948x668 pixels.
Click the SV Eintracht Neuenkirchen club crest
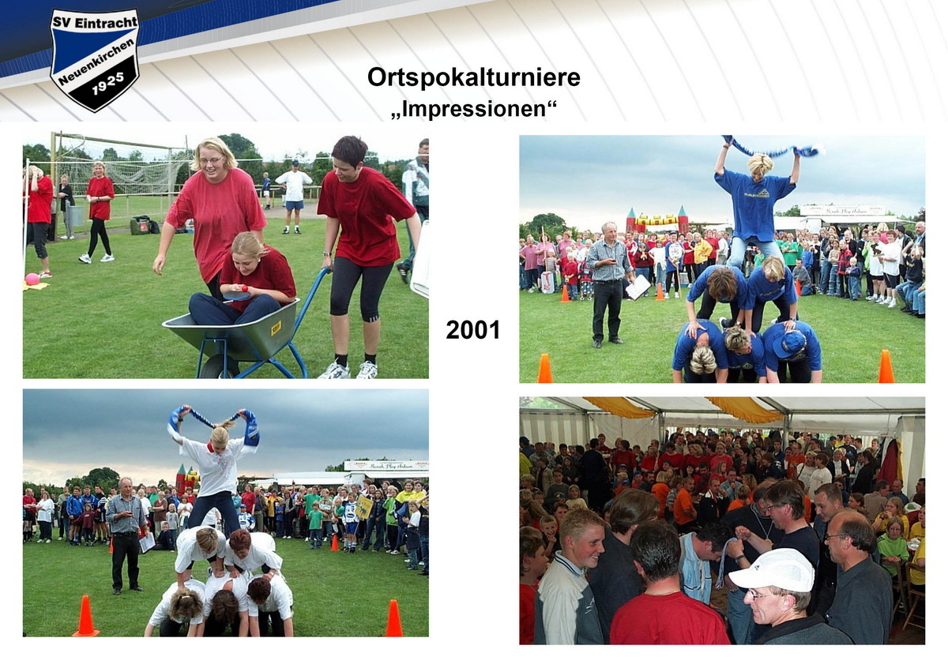click(95, 59)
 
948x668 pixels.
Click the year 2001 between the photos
click(472, 330)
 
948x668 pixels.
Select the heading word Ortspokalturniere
click(473, 77)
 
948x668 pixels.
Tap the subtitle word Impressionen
click(473, 107)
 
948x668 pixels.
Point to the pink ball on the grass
click(32, 279)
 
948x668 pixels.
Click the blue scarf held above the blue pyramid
click(770, 149)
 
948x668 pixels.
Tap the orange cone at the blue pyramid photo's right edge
click(886, 367)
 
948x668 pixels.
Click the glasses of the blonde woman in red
click(211, 160)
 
